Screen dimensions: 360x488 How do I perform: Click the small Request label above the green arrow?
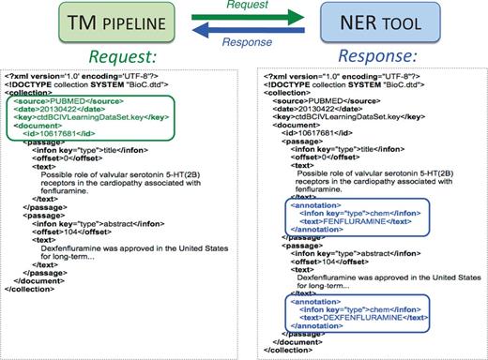[245, 7]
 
